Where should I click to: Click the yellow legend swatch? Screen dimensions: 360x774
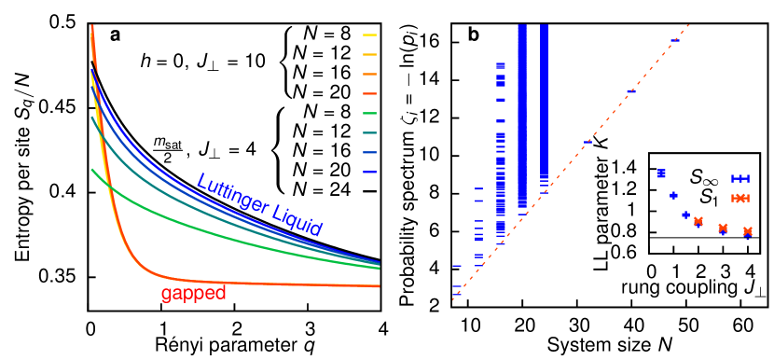coord(369,35)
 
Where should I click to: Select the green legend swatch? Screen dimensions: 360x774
coord(369,113)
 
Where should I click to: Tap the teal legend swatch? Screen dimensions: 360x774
coord(369,132)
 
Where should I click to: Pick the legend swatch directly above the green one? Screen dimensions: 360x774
coord(369,93)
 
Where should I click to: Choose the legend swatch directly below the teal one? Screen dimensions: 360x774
coord(369,152)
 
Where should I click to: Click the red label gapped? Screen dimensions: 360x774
coord(193,294)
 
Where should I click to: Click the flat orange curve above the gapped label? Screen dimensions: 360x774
coord(280,283)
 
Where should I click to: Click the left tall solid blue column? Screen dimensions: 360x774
coord(522,112)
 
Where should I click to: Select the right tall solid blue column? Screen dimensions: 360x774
coord(544,112)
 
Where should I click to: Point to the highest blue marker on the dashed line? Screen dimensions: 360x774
coord(675,40)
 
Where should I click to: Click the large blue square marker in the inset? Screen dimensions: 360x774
coord(661,173)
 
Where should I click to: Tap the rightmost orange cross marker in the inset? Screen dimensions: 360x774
coord(747,230)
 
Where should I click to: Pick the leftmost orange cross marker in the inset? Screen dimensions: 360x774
coord(698,221)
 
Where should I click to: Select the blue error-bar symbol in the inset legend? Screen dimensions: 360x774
coord(740,178)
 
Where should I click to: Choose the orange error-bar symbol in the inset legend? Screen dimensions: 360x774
coord(740,198)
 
